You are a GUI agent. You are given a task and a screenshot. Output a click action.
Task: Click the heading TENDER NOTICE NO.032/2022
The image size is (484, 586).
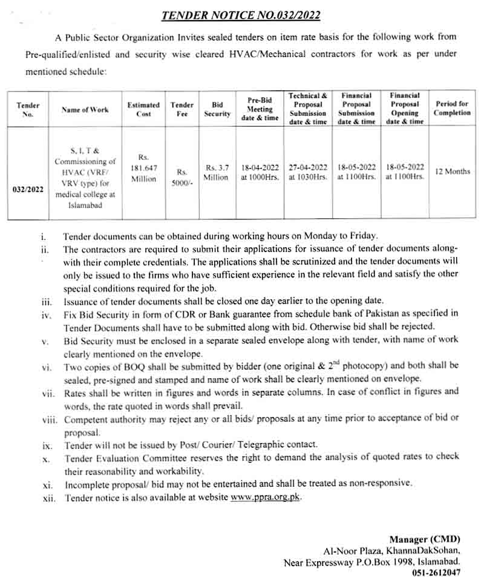pyautogui.click(x=241, y=15)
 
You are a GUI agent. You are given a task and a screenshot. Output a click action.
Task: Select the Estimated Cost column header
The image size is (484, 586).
pyautogui.click(x=143, y=109)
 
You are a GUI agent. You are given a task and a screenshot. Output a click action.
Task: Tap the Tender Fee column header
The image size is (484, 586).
pyautogui.click(x=181, y=109)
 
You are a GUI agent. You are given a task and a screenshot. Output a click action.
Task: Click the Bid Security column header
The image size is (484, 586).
pyautogui.click(x=217, y=109)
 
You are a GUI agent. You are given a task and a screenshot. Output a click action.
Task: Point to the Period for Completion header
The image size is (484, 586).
pyautogui.click(x=452, y=108)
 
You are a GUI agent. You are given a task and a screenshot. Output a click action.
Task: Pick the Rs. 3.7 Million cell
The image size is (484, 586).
pyautogui.click(x=217, y=171)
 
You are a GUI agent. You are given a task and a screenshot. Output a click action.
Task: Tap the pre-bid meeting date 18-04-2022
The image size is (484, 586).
pyautogui.click(x=260, y=167)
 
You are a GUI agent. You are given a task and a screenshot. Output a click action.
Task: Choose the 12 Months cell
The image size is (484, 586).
pyautogui.click(x=453, y=171)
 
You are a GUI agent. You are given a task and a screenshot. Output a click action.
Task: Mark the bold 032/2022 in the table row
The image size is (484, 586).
pyautogui.click(x=28, y=189)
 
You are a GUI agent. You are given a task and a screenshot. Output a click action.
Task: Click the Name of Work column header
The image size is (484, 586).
pyautogui.click(x=85, y=110)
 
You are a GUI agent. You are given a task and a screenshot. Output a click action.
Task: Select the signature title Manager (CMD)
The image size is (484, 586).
pyautogui.click(x=425, y=539)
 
